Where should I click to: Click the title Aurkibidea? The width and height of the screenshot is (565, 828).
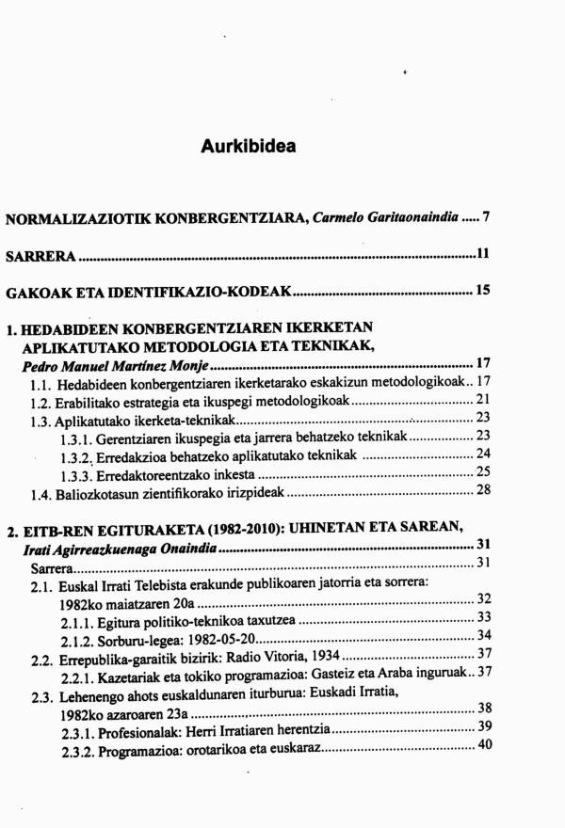pos(249,147)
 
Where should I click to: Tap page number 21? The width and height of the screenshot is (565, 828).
pos(482,401)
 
